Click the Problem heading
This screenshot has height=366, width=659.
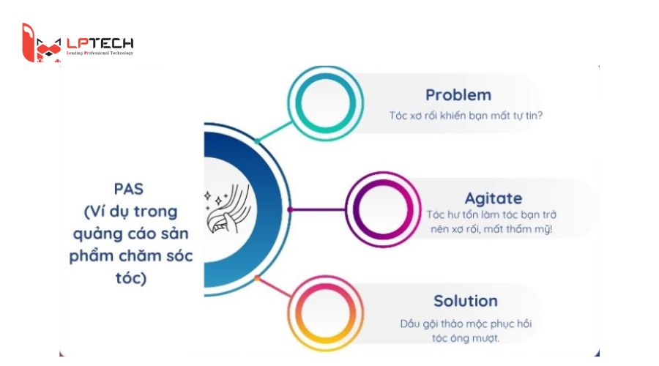[x=458, y=95]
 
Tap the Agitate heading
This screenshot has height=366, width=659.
[x=494, y=198]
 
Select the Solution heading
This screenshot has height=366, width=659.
[x=466, y=301]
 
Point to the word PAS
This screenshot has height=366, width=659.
[x=129, y=189]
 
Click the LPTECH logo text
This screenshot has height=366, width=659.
[x=100, y=43]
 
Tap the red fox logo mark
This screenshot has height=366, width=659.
[x=41, y=43]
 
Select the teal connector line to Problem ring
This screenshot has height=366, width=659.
[x=274, y=132]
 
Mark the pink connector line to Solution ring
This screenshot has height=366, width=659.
[x=274, y=288]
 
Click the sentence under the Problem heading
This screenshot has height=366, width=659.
[x=466, y=116]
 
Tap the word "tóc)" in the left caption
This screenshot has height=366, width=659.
[x=131, y=278]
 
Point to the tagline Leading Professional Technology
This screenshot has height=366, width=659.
[x=100, y=53]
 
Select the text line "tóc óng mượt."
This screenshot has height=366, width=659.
[x=466, y=338]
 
